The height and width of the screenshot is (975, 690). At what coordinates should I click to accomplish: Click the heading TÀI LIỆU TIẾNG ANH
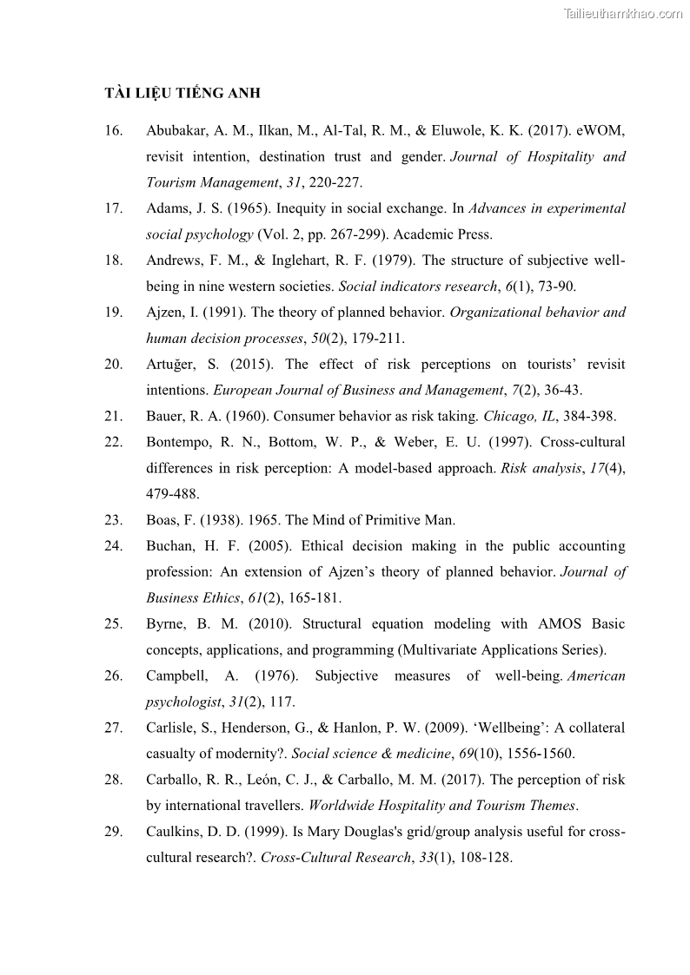coord(182,93)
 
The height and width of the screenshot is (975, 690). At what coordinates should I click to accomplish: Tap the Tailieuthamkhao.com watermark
coord(623,13)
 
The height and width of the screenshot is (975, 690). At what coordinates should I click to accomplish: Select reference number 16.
coord(113,131)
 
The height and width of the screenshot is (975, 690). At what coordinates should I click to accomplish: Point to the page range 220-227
coord(335,183)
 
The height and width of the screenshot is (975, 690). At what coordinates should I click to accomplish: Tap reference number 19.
coord(113,313)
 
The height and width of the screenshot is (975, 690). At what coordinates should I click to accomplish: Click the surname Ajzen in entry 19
coord(163,313)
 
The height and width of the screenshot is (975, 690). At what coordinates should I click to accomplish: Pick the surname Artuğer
coord(171,365)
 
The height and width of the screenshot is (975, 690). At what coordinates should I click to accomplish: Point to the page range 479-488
coord(173,494)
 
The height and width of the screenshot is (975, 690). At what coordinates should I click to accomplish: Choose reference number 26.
coord(113,676)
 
